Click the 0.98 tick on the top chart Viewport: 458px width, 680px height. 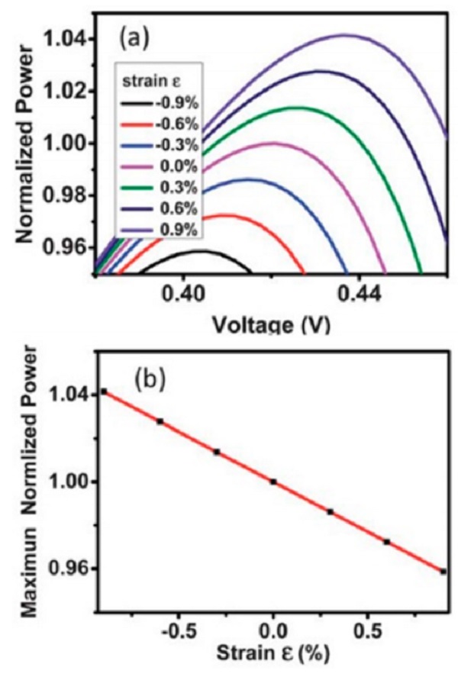click(62, 195)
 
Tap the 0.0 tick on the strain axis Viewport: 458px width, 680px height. click(273, 633)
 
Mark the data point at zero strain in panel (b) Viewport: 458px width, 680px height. click(273, 482)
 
